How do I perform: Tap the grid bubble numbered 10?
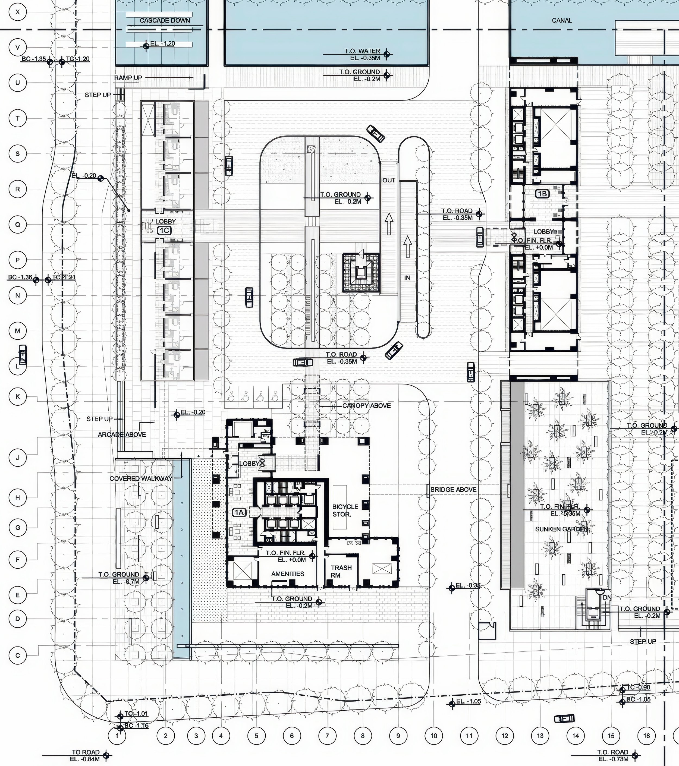434,736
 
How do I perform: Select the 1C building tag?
164,231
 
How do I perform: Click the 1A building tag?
240,512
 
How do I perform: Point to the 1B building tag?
542,194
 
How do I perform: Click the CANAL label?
562,21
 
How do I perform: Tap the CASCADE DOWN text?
165,21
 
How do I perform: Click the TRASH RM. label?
341,571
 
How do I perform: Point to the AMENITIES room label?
288,574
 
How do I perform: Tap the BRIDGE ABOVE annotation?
453,489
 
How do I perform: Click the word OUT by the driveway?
389,180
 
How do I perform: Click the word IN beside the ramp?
407,278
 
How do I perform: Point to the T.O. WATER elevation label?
362,51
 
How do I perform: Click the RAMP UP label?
128,78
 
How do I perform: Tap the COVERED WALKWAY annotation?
141,478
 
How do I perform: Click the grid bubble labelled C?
18,655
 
